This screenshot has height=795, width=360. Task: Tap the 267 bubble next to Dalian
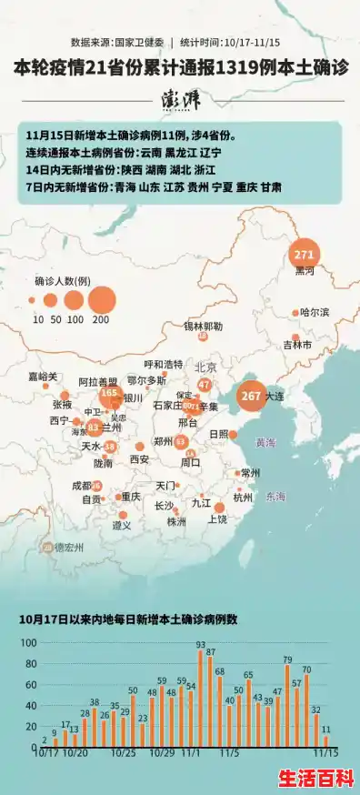251,396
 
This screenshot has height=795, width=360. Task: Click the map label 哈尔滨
315,312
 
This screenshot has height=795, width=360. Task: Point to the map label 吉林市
297,345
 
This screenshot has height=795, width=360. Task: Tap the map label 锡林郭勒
203,325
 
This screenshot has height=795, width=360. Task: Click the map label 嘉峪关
42,376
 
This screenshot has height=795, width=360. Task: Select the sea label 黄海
265,443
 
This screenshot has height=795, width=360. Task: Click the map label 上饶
218,519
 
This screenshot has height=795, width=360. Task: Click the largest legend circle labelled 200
102,299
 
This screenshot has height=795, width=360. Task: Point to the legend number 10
38,319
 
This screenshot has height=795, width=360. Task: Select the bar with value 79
287,706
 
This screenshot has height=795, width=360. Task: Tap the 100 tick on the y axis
27,643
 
